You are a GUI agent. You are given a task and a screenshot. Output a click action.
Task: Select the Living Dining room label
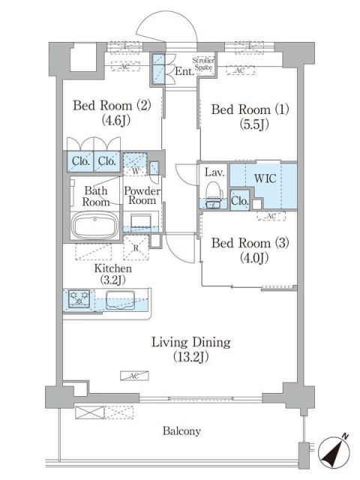[190, 342]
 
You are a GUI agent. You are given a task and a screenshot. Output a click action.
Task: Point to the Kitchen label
[113, 268]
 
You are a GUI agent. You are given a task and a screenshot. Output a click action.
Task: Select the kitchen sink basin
[119, 300]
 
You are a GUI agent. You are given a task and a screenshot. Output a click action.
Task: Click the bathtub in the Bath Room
[94, 225]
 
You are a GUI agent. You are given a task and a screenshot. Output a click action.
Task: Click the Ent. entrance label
[184, 73]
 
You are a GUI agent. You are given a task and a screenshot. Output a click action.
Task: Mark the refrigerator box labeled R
[135, 247]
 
